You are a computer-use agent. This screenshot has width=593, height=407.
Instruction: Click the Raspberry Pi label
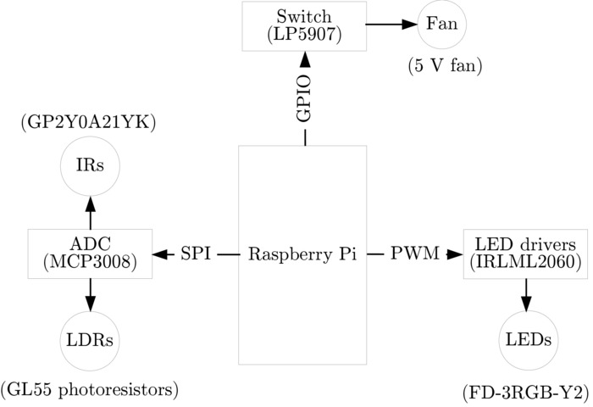click(302, 254)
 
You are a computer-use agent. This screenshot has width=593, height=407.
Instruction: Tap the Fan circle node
click(441, 24)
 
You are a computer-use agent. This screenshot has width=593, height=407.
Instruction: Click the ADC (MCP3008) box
click(90, 254)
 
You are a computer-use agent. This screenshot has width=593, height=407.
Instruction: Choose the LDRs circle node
click(90, 340)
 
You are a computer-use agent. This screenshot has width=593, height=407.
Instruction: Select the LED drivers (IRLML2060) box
click(526, 254)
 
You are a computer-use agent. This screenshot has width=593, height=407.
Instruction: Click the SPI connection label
click(196, 254)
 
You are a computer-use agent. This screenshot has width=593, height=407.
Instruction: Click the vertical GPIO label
click(304, 100)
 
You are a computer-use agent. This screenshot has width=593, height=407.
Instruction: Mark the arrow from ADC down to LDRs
click(90, 296)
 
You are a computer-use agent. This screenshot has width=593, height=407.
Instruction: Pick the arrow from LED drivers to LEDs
click(526, 295)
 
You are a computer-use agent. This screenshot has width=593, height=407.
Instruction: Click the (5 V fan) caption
click(445, 66)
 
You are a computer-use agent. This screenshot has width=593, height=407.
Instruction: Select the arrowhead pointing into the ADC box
click(160, 254)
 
